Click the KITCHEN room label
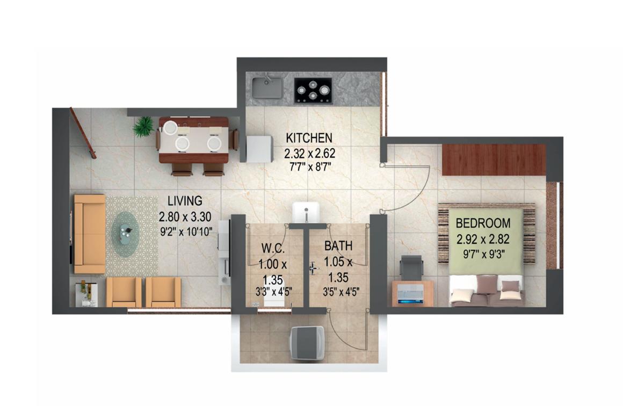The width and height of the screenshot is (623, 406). coord(309,138)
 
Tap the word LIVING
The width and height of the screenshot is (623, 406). coord(185,201)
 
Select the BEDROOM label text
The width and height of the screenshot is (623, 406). coord(483,223)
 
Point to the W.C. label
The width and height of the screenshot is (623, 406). coord(273,249)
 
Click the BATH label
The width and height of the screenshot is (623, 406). coord(338,246)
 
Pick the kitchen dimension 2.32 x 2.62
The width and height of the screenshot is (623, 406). coord(309,153)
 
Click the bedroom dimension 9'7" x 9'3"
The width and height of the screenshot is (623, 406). coord(483,254)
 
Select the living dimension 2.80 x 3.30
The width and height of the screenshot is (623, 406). coord(185,216)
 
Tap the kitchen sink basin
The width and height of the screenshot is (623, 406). coord(267,88)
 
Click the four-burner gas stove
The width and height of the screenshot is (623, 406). coord(313,91)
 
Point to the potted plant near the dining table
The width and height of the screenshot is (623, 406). coord(143,126)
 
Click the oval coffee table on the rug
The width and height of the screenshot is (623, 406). coord(125,233)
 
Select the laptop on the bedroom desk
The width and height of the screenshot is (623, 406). coord(410,294)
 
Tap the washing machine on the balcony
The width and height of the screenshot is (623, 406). coord(307,343)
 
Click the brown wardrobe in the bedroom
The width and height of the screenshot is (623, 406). coord(494,160)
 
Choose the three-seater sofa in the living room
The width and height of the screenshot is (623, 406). coord(89,234)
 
